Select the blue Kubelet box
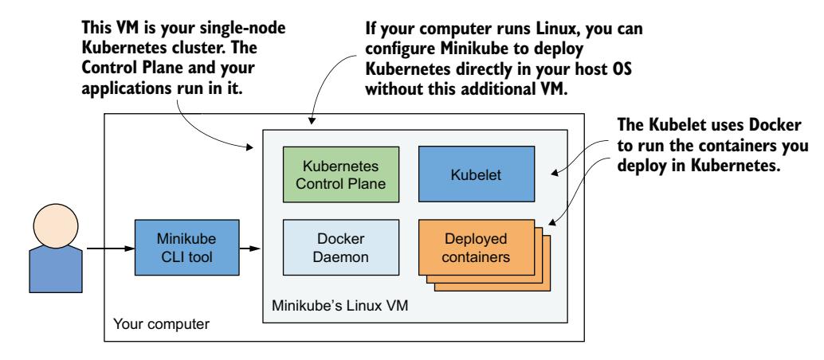click(x=466, y=174)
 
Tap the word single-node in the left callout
click(x=255, y=29)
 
